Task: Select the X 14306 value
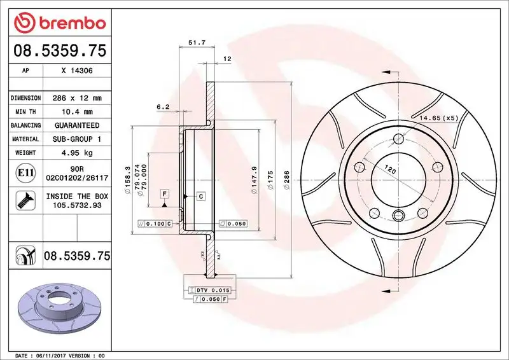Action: [77, 72]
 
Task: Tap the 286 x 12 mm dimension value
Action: [77, 99]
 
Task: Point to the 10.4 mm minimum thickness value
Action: [77, 112]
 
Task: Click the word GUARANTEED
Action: [77, 125]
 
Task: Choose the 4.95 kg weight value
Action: [77, 153]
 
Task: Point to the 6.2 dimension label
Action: [162, 107]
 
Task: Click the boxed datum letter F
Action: [164, 193]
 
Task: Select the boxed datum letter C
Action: [200, 196]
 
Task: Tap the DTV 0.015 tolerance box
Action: [209, 289]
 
